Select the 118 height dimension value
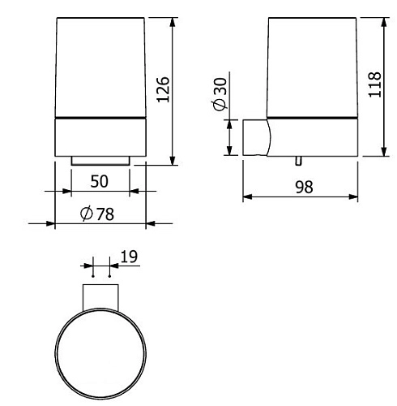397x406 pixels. pyautogui.click(x=374, y=84)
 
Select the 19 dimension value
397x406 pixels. pyautogui.click(x=128, y=257)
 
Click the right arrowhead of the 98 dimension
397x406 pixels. pyautogui.click(x=357, y=197)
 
